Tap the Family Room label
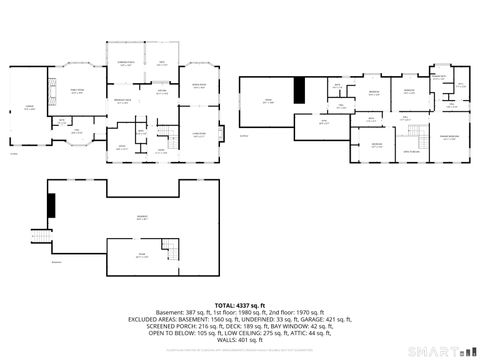click(x=76, y=90)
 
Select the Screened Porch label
click(x=126, y=63)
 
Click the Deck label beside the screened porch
click(x=161, y=63)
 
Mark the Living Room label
click(x=198, y=134)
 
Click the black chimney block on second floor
click(x=297, y=91)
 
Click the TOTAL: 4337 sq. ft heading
click(x=239, y=305)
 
